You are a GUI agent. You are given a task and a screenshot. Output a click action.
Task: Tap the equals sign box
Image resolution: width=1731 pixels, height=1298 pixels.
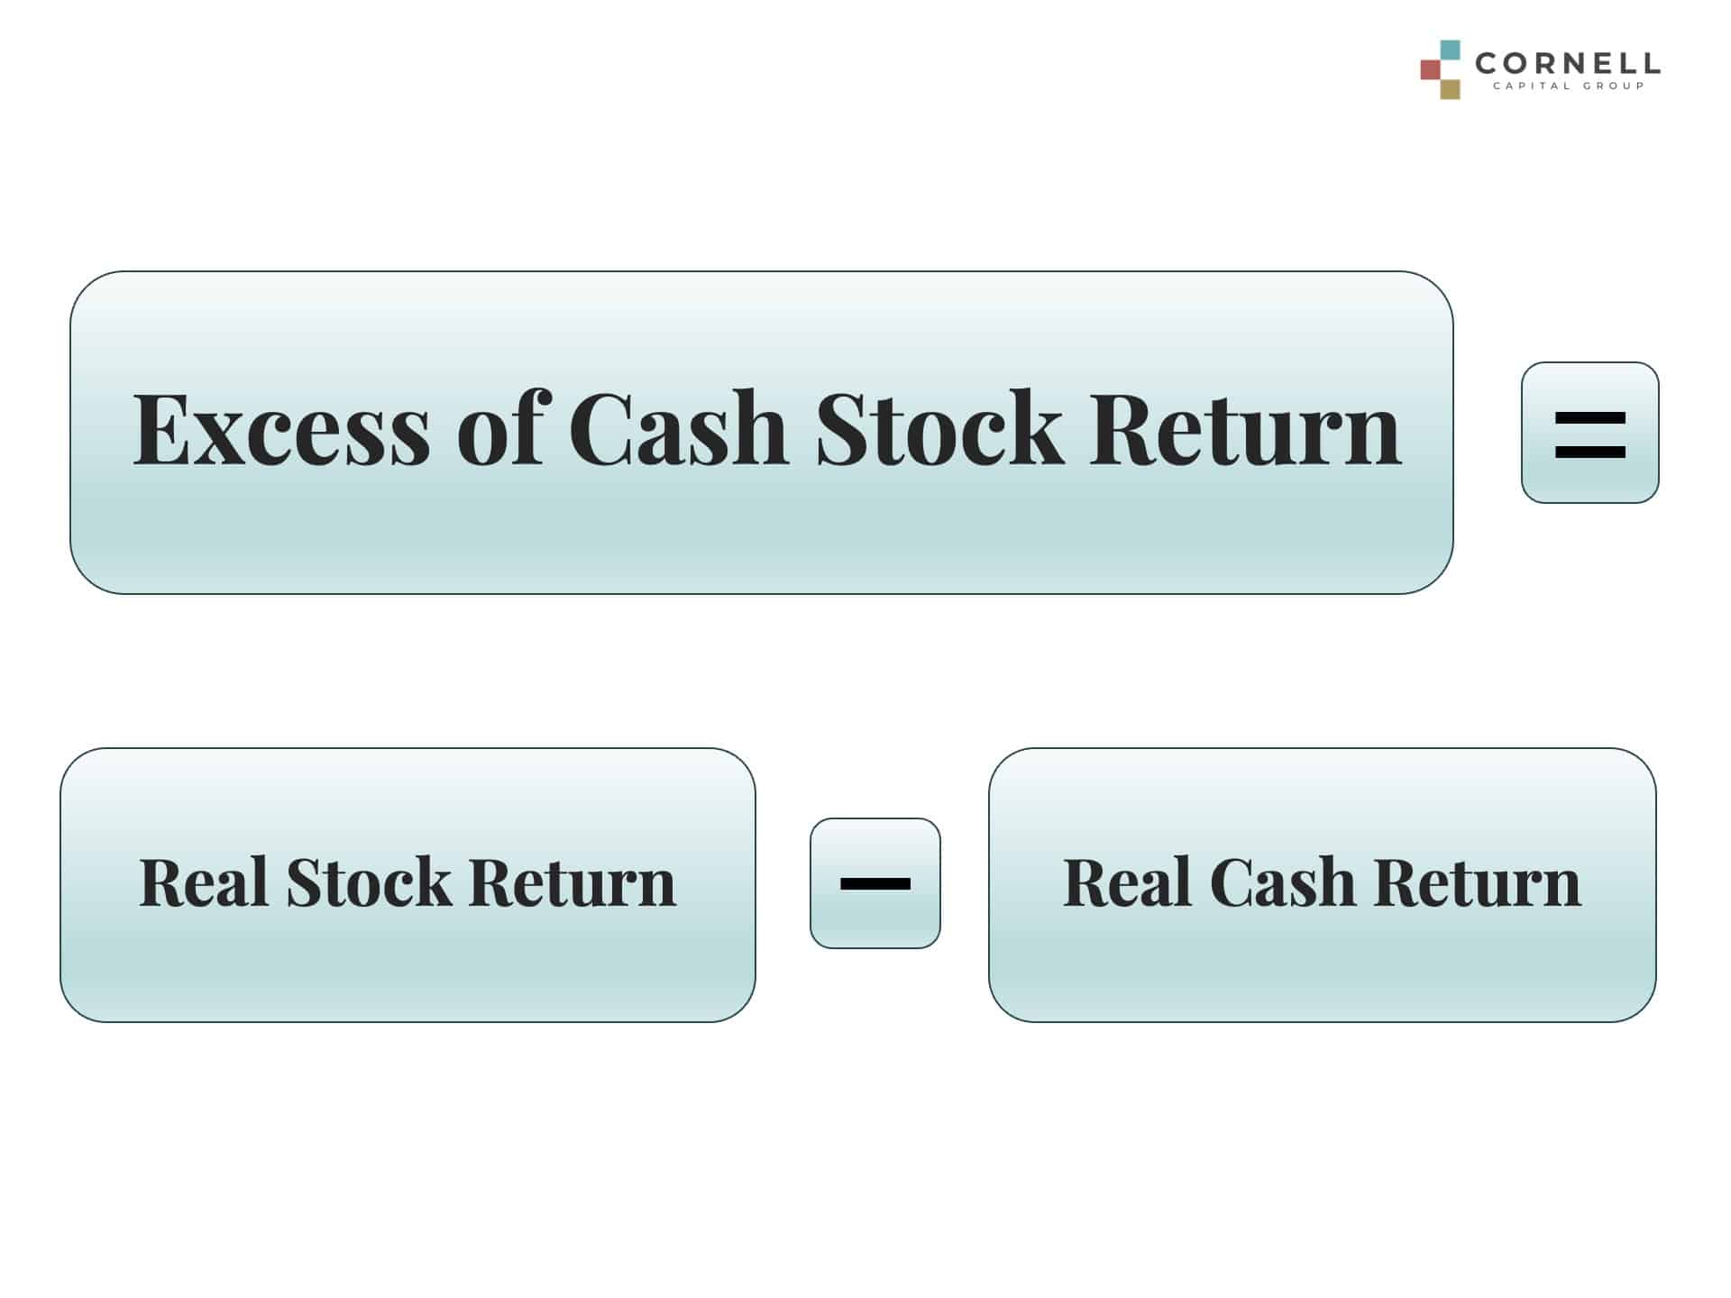pos(1589,433)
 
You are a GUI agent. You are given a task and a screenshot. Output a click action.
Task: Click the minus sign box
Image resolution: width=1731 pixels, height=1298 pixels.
pos(875,883)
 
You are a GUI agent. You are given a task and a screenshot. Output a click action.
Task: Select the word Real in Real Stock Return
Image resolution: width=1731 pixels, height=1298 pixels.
pos(204,882)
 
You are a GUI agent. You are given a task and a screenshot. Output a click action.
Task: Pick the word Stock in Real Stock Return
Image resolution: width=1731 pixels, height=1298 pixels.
pos(369,881)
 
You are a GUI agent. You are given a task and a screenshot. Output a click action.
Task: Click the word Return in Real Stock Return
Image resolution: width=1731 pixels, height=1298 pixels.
pos(572,882)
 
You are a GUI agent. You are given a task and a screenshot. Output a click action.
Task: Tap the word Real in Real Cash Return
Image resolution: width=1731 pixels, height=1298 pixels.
pos(1128,882)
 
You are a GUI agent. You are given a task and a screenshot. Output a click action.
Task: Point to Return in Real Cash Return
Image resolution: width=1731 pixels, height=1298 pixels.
pos(1479,882)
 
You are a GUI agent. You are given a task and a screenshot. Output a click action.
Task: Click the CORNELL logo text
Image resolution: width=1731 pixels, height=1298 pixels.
pos(1568,63)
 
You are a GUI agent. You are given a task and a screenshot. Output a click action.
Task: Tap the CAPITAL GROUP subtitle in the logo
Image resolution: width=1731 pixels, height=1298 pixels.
pos(1569,87)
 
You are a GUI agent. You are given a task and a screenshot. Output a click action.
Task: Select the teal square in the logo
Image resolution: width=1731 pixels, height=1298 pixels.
pos(1450,50)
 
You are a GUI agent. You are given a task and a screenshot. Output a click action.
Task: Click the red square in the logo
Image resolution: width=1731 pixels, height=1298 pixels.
pos(1431,69)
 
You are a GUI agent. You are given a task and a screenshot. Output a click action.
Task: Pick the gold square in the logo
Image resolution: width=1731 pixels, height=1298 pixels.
pos(1450,89)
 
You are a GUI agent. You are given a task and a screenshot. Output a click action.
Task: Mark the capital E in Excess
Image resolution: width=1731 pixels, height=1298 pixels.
pos(162,428)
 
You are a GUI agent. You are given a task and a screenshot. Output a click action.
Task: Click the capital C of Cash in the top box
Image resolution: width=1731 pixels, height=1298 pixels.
pos(600,428)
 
